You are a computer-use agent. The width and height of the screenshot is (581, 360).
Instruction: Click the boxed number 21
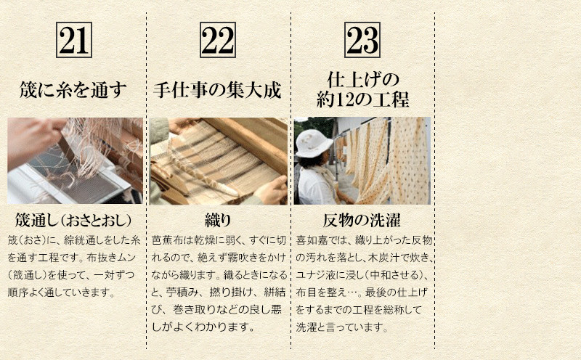click(x=74, y=40)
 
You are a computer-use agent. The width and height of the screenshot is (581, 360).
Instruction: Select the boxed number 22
click(x=218, y=40)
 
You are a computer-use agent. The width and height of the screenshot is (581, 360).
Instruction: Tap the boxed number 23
click(x=362, y=40)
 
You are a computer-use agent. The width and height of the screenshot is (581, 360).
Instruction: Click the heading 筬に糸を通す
click(x=73, y=90)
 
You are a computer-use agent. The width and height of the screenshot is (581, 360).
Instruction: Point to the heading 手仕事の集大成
click(x=217, y=90)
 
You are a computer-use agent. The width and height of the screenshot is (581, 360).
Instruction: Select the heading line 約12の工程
click(x=362, y=99)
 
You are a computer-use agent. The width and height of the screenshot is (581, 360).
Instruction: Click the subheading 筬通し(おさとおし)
click(x=73, y=221)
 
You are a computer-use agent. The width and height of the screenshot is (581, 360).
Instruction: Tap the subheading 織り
click(x=218, y=221)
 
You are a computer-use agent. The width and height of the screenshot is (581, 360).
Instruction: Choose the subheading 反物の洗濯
click(x=362, y=221)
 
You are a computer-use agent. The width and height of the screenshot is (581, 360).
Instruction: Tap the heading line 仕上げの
click(x=362, y=79)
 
